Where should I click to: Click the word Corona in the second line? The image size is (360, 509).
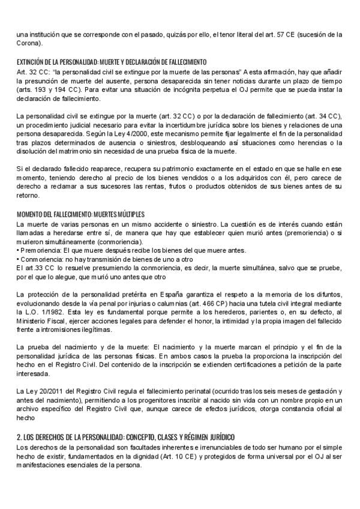point(28,43)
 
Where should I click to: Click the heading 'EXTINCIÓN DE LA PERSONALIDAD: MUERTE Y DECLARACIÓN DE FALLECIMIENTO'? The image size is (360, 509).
point(112,62)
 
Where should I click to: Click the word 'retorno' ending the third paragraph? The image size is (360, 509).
point(28,196)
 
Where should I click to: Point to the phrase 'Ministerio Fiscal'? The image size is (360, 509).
point(41,321)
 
